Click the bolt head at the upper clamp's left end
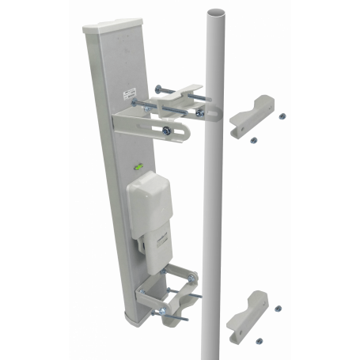coord(157,88)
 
